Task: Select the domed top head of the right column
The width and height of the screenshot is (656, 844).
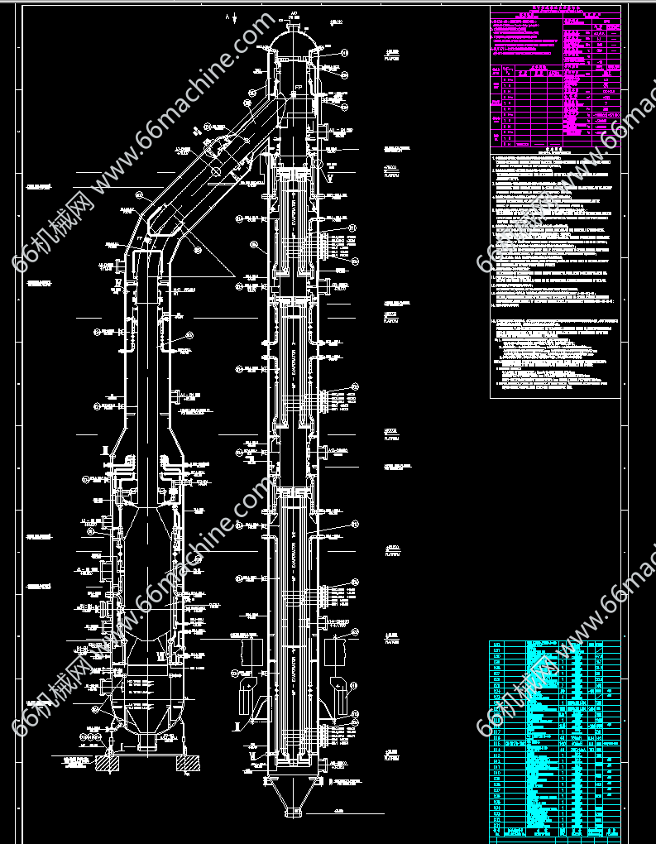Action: click(294, 37)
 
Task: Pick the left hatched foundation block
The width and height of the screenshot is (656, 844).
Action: click(107, 764)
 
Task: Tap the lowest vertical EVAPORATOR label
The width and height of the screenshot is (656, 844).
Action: click(294, 670)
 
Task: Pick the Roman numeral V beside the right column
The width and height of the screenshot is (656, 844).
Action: click(329, 177)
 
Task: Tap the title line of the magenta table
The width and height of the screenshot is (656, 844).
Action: click(555, 10)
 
